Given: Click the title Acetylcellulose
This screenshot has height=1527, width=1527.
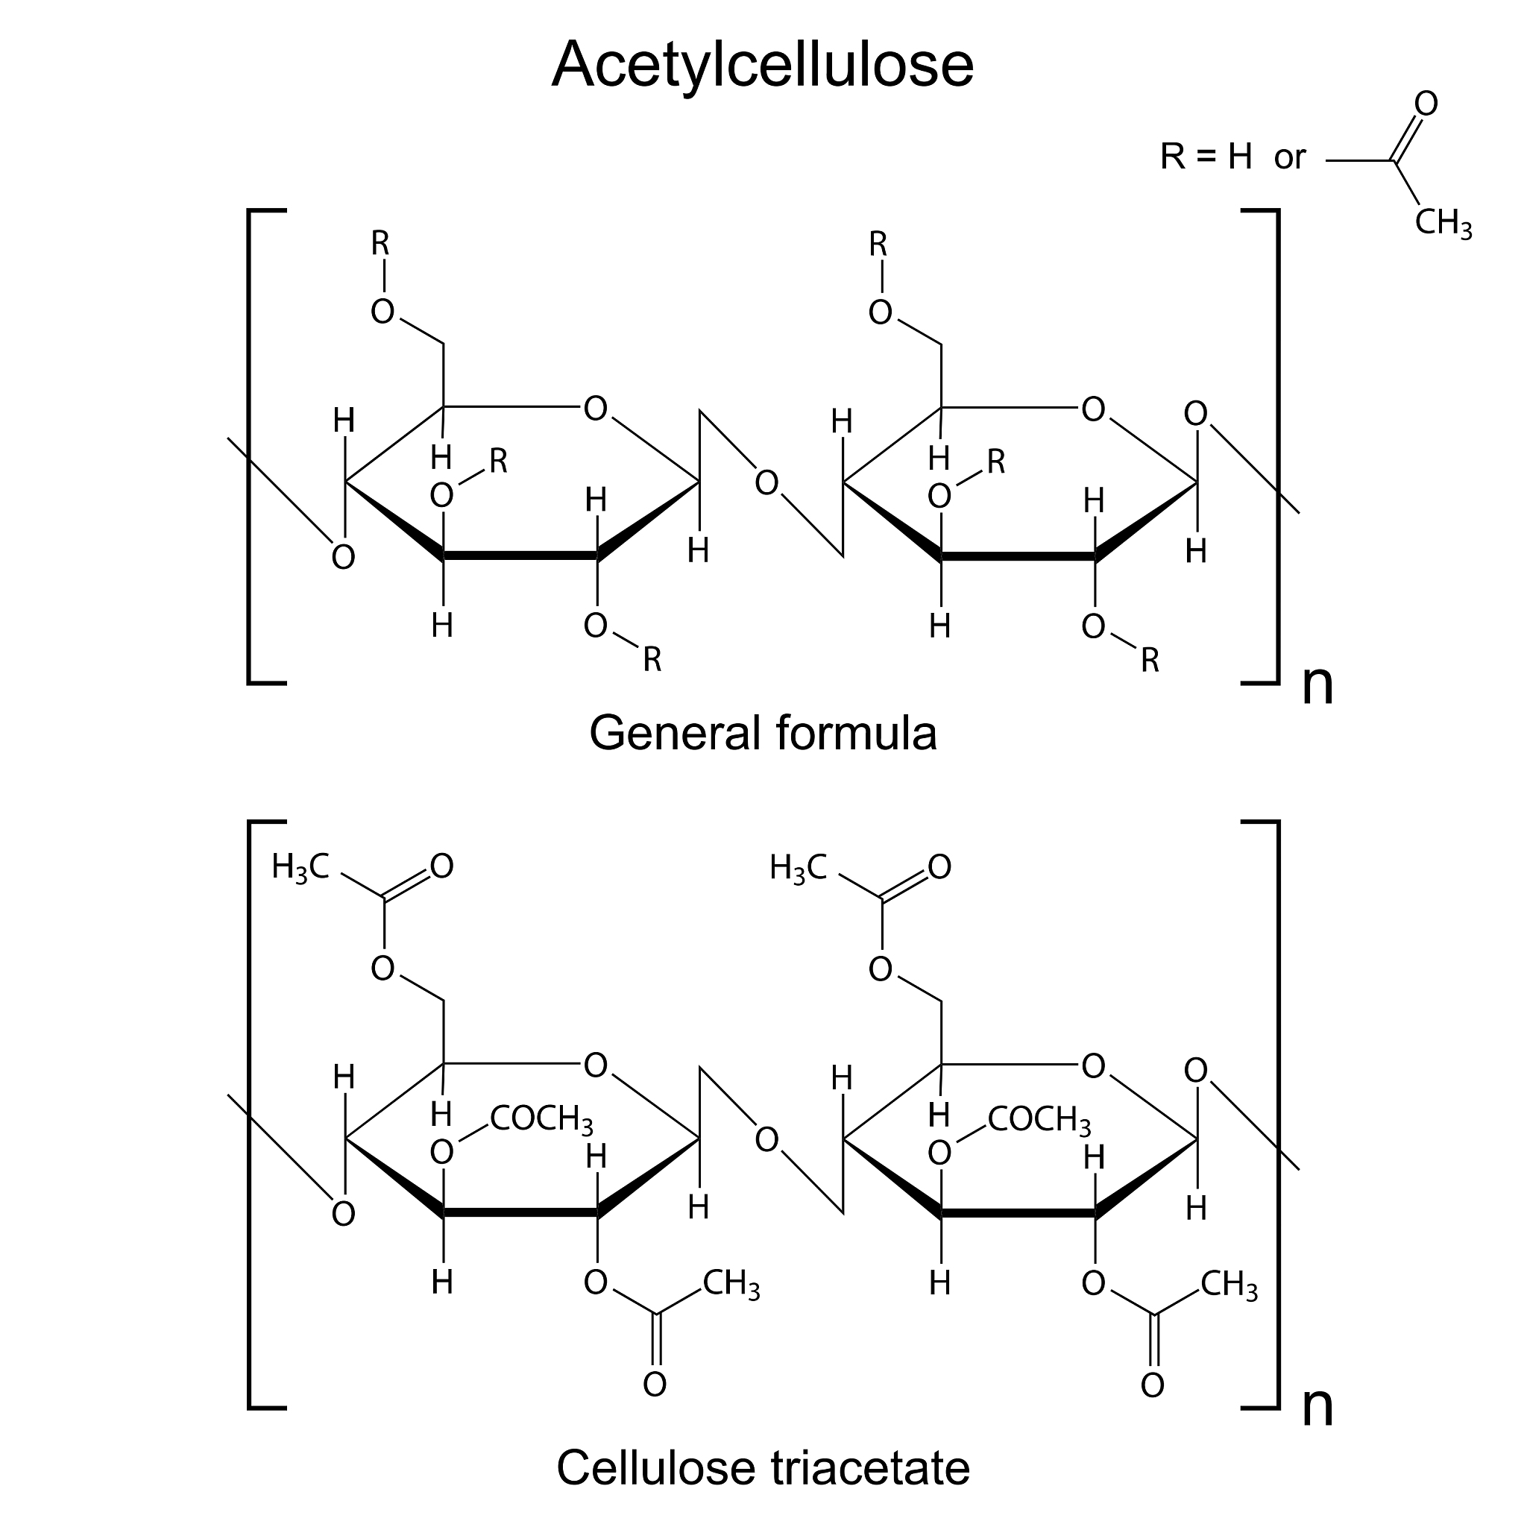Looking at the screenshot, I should coord(763,65).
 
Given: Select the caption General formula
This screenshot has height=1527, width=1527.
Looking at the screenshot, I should coord(763,734).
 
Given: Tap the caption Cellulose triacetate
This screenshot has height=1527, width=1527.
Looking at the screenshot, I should coord(763,1467).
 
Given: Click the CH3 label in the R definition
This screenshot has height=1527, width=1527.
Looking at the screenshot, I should coord(1443,224).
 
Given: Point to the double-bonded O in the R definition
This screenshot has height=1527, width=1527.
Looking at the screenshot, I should coord(1426,104).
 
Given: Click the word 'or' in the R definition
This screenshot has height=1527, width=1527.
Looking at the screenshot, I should coord(1289,157).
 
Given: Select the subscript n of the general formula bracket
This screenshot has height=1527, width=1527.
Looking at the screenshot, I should coord(1317,684).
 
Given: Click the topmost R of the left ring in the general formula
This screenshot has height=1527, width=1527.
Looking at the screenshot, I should coord(381,245).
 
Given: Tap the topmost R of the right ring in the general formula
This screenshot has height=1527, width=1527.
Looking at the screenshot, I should coord(879,245).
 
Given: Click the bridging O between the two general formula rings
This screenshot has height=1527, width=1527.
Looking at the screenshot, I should coord(766,483).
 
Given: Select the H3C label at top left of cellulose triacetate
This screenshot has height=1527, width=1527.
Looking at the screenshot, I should coord(300,867).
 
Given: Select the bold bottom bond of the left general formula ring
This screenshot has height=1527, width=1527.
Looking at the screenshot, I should coord(520,555).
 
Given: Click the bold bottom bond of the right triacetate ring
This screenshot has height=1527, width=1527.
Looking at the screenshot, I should coord(1018,1212).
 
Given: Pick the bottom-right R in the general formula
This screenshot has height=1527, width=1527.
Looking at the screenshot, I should coord(1150,660).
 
